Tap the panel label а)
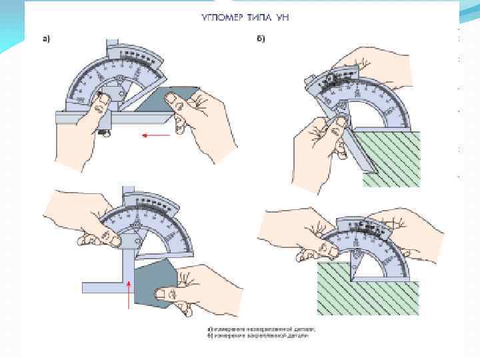click(47, 39)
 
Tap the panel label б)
click(262, 39)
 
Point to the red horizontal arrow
click(156, 135)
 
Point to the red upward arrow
click(129, 293)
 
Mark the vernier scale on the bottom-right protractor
click(367, 227)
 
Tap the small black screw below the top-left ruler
click(104, 133)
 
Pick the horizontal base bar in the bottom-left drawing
click(107, 287)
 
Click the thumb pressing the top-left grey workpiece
click(176, 101)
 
